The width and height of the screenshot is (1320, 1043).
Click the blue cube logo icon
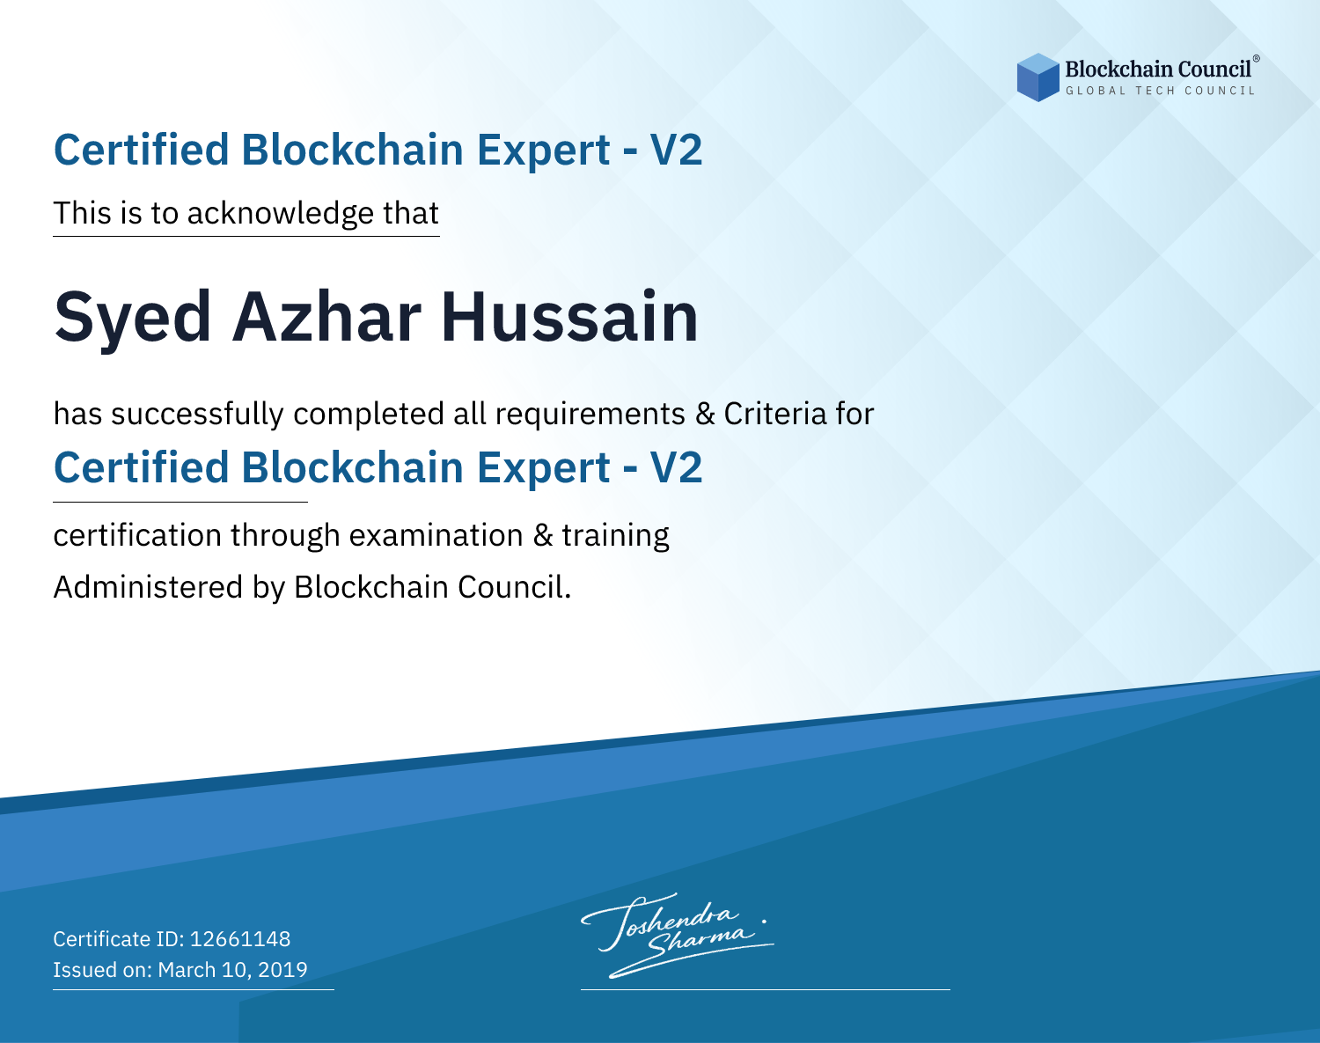coord(1038,77)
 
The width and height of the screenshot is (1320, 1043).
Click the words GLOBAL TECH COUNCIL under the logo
coord(1160,91)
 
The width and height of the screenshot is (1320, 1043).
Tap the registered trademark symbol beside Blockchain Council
coord(1256,59)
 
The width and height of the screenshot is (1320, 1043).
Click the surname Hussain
coord(570,317)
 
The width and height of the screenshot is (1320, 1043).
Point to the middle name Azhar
coord(326,317)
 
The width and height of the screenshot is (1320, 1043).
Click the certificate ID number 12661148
coord(240,938)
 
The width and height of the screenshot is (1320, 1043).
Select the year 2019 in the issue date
coord(282,969)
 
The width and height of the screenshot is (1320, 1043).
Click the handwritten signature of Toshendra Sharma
coord(677,935)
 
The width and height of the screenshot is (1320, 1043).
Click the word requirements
coord(590,415)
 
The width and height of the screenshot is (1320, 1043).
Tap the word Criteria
coord(774,415)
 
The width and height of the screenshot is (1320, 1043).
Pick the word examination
coord(436,535)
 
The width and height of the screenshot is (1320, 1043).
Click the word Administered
coord(148,587)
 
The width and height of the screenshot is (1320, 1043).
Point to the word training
coord(615,536)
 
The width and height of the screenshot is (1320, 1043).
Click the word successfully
coord(197,415)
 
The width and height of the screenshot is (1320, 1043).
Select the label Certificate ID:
coord(119,938)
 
